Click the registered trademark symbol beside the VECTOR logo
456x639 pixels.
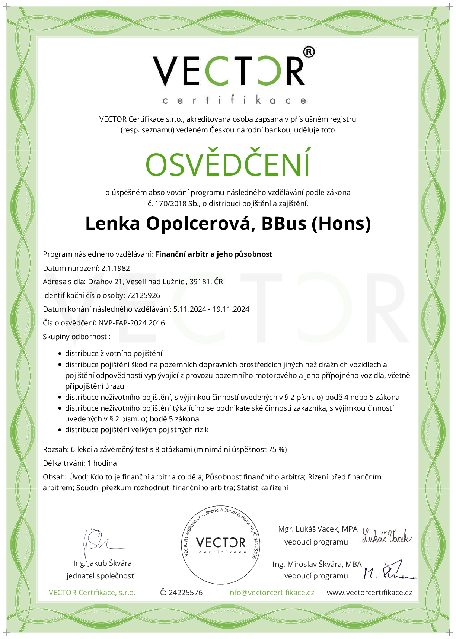(309, 52)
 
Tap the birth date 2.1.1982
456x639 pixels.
(115, 268)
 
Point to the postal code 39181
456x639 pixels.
(200, 282)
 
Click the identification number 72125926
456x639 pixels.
(143, 295)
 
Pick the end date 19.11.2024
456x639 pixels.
(231, 309)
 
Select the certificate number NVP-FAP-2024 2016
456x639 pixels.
(131, 323)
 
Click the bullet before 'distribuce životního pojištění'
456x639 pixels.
(60, 354)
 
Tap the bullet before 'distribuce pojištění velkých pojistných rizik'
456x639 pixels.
(60, 430)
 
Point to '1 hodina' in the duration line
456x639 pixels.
(102, 463)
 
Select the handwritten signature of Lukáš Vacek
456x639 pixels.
(387, 536)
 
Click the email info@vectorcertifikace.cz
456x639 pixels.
(271, 593)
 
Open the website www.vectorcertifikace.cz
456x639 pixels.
(369, 593)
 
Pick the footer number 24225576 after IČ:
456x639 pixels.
(185, 593)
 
